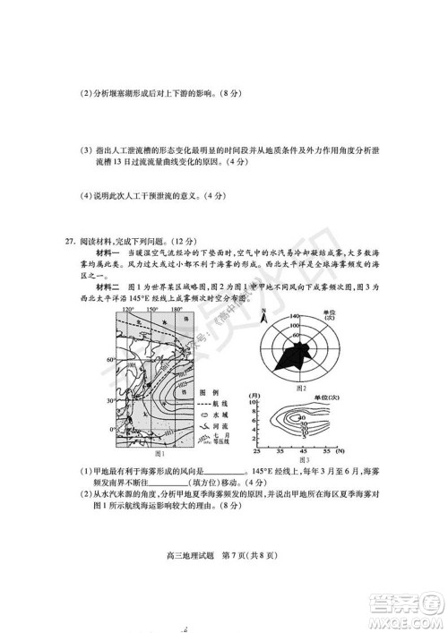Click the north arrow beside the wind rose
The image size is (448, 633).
pos(263,315)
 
